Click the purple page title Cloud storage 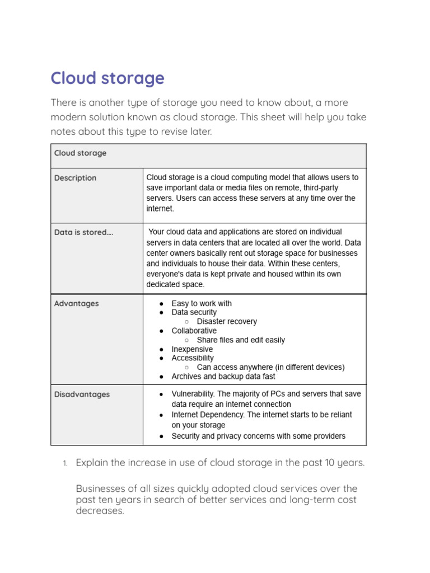click(x=107, y=78)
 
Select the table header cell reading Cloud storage click(x=80, y=153)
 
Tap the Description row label click(x=75, y=178)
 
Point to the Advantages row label click(x=76, y=303)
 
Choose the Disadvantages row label click(x=82, y=394)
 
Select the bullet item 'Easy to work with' click(x=202, y=303)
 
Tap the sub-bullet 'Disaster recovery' click(x=227, y=322)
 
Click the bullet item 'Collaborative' click(x=194, y=331)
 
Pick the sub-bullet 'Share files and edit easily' click(x=241, y=340)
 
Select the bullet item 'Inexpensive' click(x=192, y=349)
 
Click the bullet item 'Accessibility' click(x=193, y=358)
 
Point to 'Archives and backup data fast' click(x=223, y=377)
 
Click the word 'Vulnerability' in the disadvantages click(x=194, y=394)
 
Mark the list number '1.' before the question click(x=64, y=463)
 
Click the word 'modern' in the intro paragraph click(x=67, y=117)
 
